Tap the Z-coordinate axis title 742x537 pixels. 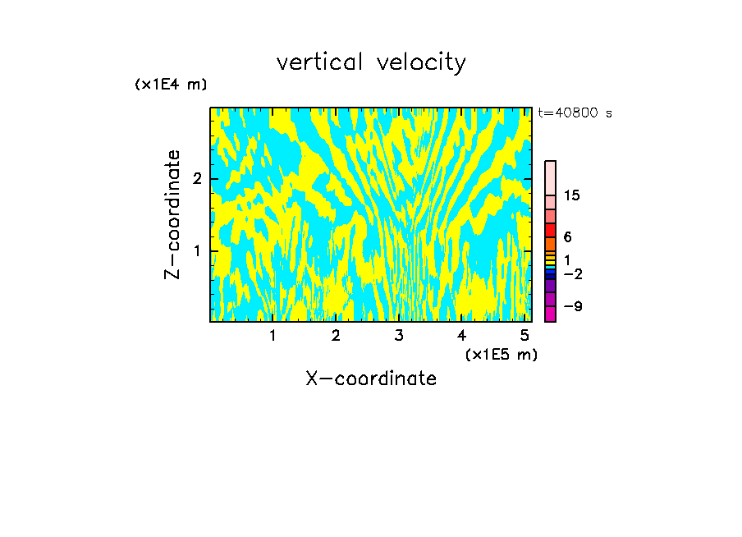(x=172, y=214)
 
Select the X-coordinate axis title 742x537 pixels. (x=371, y=379)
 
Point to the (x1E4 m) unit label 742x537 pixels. (x=171, y=85)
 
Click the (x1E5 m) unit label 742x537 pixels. (x=501, y=354)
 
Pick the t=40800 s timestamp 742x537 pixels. (x=575, y=113)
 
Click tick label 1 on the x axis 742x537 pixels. (x=273, y=336)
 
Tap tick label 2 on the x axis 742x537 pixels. (x=336, y=336)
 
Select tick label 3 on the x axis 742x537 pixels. (x=399, y=336)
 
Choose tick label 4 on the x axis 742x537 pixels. (x=461, y=336)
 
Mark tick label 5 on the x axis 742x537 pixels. (x=524, y=336)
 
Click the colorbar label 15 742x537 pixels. (x=573, y=195)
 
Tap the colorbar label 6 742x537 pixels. (x=567, y=237)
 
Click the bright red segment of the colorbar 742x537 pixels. (x=550, y=230)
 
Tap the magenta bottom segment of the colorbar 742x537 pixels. (x=550, y=314)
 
